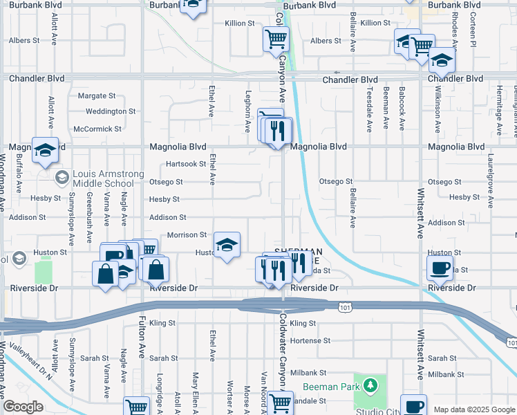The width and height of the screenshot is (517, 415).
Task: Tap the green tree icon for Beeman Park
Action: click(x=370, y=384)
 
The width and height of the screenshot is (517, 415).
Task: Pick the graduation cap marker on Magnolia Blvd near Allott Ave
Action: click(x=45, y=149)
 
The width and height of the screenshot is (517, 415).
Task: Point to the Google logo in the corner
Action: click(x=23, y=407)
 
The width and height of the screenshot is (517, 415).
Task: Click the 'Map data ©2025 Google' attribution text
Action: click(x=474, y=409)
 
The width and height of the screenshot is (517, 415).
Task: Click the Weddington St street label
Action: click(x=111, y=111)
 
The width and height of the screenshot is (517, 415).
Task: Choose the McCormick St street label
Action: click(x=97, y=129)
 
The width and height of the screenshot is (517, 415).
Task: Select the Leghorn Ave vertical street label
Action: click(x=247, y=111)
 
